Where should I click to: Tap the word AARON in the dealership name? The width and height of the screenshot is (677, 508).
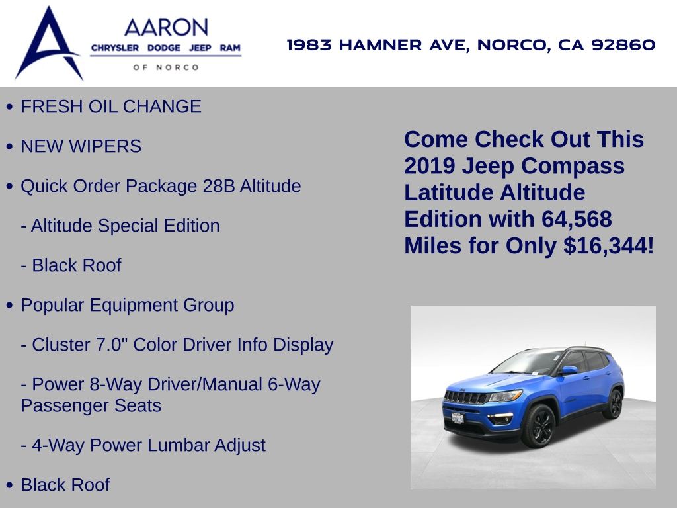pyautogui.click(x=166, y=28)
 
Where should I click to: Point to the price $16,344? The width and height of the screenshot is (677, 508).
pyautogui.click(x=609, y=245)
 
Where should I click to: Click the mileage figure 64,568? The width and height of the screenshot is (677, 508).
pyautogui.click(x=577, y=218)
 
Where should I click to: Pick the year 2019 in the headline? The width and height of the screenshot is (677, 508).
pyautogui.click(x=429, y=166)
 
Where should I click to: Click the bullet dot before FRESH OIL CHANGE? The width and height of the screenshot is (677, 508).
pyautogui.click(x=9, y=106)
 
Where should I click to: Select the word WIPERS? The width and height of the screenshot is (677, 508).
pyautogui.click(x=105, y=146)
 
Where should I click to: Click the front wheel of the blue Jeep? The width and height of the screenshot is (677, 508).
pyautogui.click(x=538, y=426)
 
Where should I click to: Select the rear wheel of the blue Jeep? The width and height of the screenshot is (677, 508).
pyautogui.click(x=614, y=403)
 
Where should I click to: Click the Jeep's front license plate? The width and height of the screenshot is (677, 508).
pyautogui.click(x=458, y=418)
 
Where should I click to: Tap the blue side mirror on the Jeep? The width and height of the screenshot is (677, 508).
pyautogui.click(x=569, y=370)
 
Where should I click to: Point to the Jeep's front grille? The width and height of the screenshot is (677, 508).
pyautogui.click(x=466, y=397)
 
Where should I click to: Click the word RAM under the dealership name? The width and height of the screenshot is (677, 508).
pyautogui.click(x=230, y=48)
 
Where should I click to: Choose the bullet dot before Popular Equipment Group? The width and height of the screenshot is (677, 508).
pyautogui.click(x=9, y=306)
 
